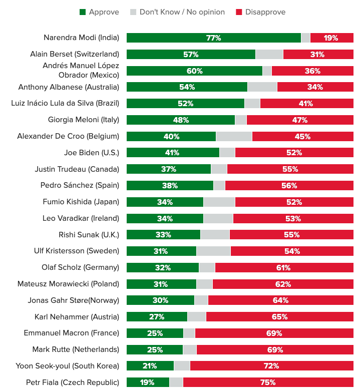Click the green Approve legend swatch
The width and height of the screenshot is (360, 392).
[83, 12]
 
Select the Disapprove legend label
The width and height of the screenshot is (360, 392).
[265, 12]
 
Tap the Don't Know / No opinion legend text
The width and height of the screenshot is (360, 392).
[182, 12]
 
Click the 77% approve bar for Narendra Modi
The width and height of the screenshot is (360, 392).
[213, 38]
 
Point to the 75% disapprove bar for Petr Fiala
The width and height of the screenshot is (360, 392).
[268, 382]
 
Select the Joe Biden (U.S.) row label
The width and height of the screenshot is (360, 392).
[92, 153]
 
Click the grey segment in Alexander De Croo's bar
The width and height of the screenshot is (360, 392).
[234, 136]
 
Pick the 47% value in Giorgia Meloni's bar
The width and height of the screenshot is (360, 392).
[299, 120]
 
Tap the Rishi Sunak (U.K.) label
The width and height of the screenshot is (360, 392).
[89, 235]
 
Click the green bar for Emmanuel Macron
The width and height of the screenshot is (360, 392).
[155, 333]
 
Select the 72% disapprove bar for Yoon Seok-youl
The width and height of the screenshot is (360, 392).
[271, 366]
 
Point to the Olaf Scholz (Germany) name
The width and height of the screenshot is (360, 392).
[81, 267]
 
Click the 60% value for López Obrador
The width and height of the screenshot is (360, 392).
[194, 71]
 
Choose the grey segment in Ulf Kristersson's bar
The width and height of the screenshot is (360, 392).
[213, 251]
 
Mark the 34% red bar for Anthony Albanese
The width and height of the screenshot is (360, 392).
[315, 87]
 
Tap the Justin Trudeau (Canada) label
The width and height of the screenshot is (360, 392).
[77, 169]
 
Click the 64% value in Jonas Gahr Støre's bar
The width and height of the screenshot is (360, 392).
[280, 300]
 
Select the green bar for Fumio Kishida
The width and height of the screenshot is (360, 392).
[165, 202]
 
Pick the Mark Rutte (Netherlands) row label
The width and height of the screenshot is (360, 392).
[76, 349]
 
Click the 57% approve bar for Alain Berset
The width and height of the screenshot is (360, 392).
[191, 55]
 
